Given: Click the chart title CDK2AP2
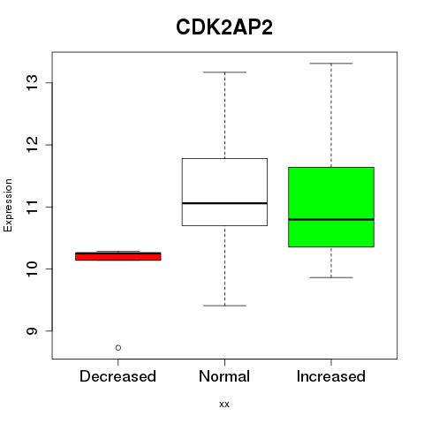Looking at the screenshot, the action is pyautogui.click(x=224, y=27).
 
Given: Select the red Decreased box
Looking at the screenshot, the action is pyautogui.click(x=118, y=256).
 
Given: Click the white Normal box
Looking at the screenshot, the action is pyautogui.click(x=224, y=192).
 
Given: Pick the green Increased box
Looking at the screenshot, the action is pyautogui.click(x=331, y=207).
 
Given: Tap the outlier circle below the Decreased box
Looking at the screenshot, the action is pyautogui.click(x=118, y=348).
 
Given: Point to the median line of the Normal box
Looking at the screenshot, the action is pyautogui.click(x=224, y=203).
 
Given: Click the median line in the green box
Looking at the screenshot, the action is pyautogui.click(x=331, y=219).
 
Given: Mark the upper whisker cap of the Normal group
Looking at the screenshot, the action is pyautogui.click(x=224, y=72).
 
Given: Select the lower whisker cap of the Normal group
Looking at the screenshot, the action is pyautogui.click(x=224, y=306).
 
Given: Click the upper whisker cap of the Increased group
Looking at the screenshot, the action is pyautogui.click(x=331, y=64).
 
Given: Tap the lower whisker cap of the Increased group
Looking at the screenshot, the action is pyautogui.click(x=331, y=277).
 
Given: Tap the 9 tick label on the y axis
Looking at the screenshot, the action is pyautogui.click(x=32, y=331).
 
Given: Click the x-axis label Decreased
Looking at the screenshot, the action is pyautogui.click(x=117, y=376).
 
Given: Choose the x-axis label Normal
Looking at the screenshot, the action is pyautogui.click(x=224, y=376).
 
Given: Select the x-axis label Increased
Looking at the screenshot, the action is pyautogui.click(x=331, y=376).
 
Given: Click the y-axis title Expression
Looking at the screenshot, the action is pyautogui.click(x=8, y=205).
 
